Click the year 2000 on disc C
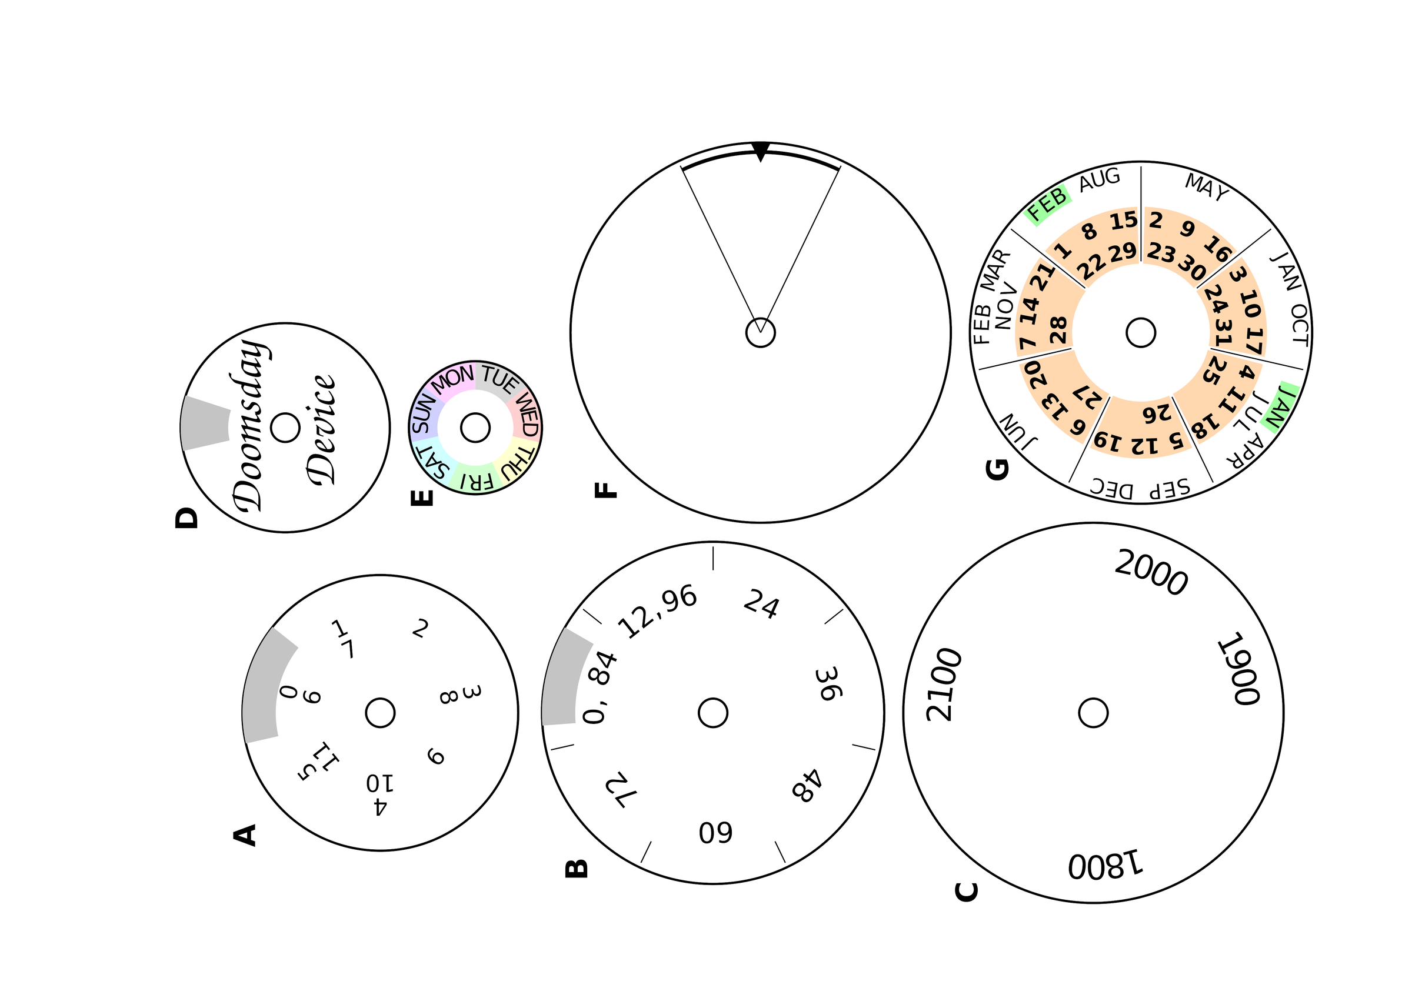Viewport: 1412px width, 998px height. click(1151, 572)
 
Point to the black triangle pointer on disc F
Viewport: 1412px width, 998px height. click(761, 151)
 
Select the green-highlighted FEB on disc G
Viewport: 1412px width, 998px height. click(1048, 204)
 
